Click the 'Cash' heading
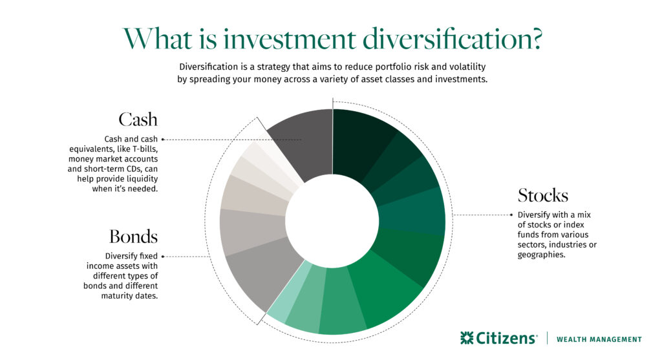click(x=138, y=120)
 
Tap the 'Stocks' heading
click(x=543, y=195)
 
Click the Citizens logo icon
click(x=467, y=338)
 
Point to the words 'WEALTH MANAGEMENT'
click(x=599, y=339)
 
